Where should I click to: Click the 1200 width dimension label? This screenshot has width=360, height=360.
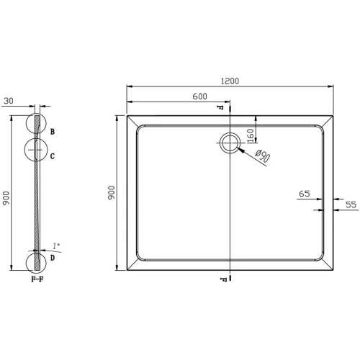230,81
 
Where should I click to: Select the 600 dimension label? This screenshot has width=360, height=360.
199,96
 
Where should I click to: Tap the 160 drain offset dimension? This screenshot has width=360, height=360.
250,136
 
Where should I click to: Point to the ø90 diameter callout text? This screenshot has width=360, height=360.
262,156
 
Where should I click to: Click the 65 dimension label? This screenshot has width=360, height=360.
305,194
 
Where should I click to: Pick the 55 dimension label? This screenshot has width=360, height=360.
351,204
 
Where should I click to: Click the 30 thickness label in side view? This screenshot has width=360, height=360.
9,101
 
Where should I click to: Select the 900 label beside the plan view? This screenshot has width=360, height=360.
112,192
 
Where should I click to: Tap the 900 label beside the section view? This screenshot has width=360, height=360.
6,198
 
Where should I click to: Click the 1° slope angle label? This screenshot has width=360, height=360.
56,246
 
